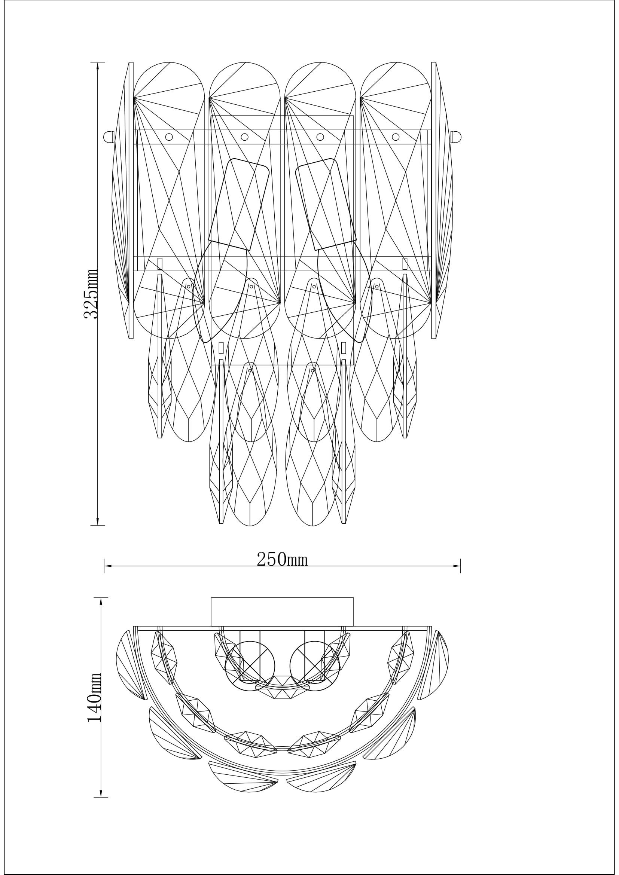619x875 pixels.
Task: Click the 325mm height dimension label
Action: point(91,294)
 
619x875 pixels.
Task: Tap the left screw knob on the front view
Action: point(109,137)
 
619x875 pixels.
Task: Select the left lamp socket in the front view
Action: point(239,205)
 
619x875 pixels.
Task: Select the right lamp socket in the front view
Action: point(326,205)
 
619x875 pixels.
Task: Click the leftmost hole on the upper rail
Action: point(169,137)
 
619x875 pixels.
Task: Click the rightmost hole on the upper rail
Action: point(396,137)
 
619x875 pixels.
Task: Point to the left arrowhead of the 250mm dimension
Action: point(107,566)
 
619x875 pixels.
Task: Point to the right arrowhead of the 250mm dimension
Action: point(457,566)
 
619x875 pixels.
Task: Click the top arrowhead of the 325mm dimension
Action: point(98,65)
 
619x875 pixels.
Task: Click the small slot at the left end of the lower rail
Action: point(160,264)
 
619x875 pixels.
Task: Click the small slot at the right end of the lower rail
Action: point(405,264)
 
